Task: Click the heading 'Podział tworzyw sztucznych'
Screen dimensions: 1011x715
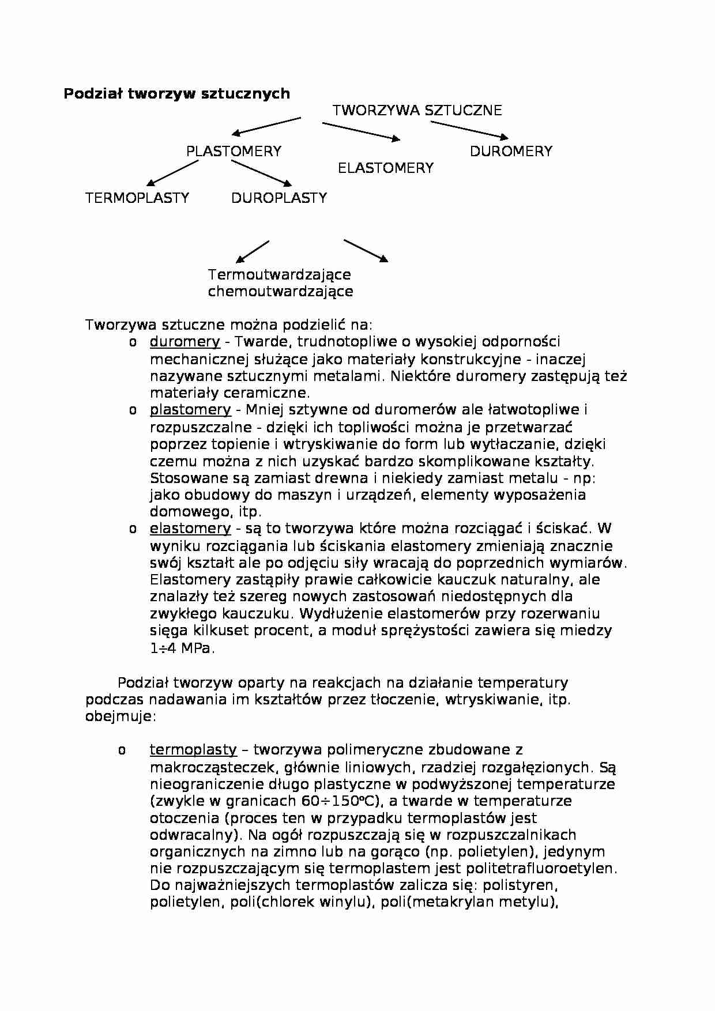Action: point(176,93)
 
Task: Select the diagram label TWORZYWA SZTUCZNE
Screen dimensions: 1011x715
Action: point(417,110)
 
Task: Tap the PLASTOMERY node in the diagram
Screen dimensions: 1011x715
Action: point(234,151)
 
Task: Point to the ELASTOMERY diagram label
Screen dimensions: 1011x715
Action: point(385,168)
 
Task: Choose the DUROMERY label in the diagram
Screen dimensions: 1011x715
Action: point(511,151)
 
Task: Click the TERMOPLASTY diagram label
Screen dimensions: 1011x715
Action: point(137,198)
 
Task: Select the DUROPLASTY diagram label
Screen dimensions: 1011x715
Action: point(279,198)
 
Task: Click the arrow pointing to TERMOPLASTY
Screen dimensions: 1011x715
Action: point(172,172)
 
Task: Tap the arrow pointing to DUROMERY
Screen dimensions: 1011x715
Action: point(469,130)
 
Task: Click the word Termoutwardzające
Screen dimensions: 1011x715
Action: point(279,274)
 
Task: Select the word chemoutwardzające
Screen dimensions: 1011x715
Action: point(280,291)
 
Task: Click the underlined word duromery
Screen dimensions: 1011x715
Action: point(185,342)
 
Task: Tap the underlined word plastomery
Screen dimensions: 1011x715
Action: point(190,410)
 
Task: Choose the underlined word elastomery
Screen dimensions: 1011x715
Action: point(190,529)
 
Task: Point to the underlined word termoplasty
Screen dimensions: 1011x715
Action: point(193,750)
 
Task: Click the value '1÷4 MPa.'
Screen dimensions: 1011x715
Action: point(182,648)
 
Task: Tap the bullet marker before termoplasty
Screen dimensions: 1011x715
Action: point(122,750)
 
